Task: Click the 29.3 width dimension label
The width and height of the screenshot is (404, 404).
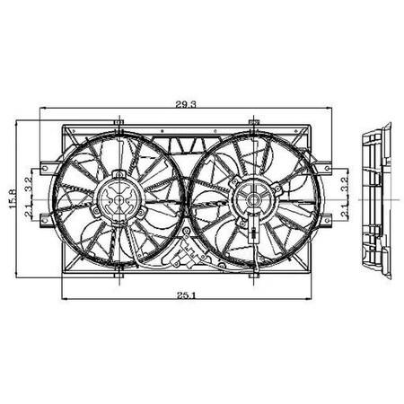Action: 187,105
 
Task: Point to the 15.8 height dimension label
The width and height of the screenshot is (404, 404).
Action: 13,198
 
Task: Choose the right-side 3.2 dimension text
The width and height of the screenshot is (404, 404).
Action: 344,187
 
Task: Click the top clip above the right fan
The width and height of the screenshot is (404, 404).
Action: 256,120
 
